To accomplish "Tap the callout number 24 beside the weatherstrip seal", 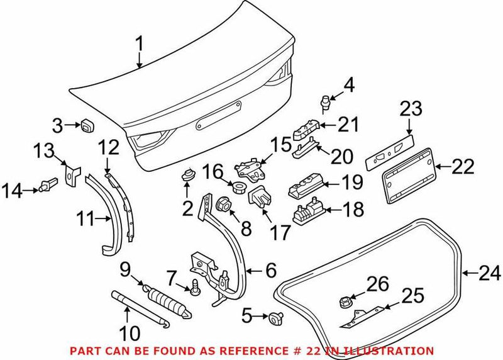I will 489,273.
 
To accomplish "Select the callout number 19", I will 353,183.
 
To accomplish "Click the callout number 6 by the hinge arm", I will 270,271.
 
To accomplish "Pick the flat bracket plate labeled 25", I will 365,315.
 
